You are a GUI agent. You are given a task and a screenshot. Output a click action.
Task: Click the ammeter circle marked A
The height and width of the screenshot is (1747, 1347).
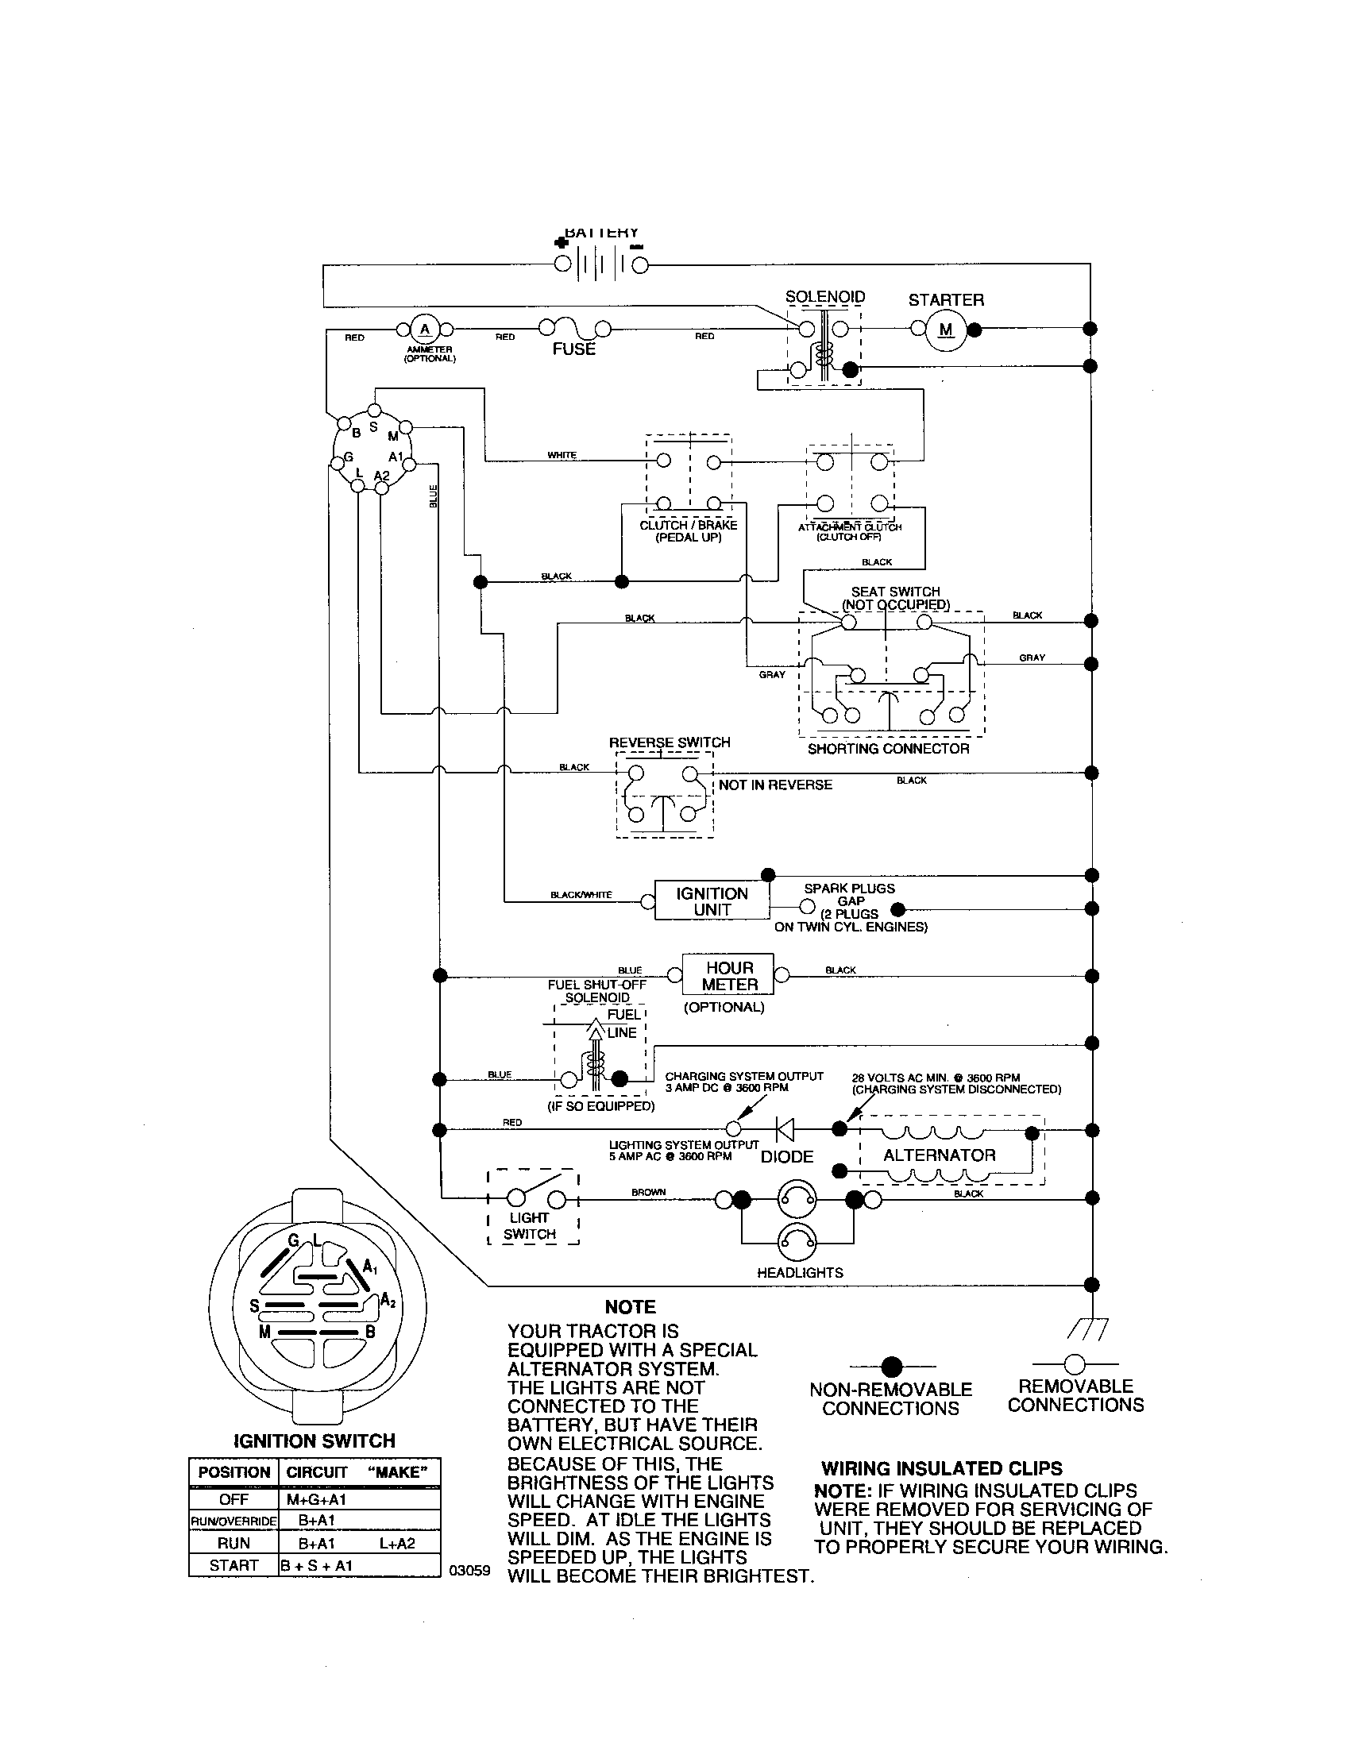click(x=425, y=329)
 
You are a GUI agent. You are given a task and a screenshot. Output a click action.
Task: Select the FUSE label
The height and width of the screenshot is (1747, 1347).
click(x=573, y=349)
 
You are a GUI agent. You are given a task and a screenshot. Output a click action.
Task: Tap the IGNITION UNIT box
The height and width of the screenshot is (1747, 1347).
click(x=712, y=901)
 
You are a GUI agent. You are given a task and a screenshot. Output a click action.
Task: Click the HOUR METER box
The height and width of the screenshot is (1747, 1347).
click(x=728, y=976)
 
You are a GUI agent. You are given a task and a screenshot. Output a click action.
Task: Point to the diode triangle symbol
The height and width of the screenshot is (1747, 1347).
click(x=785, y=1128)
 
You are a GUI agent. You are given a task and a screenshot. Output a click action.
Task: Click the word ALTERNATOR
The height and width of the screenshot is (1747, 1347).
click(x=939, y=1155)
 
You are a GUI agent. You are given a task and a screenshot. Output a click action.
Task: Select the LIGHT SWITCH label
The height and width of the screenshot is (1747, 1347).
click(x=530, y=1225)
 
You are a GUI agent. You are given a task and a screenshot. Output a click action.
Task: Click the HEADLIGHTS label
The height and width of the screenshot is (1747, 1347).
click(x=800, y=1273)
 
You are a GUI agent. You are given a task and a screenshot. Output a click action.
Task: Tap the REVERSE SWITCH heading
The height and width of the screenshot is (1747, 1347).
click(x=670, y=742)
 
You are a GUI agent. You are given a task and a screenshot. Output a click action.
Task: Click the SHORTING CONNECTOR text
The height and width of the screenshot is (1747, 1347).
click(x=888, y=749)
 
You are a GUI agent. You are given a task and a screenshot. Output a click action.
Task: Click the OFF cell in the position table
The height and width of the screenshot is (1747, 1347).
click(x=234, y=1500)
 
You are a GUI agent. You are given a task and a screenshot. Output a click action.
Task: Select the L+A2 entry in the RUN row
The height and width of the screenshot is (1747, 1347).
click(x=398, y=1543)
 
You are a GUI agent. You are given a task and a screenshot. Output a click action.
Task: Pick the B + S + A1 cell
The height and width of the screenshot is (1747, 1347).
click(x=316, y=1565)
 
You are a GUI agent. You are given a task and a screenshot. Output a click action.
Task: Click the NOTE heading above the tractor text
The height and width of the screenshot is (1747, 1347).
click(x=631, y=1307)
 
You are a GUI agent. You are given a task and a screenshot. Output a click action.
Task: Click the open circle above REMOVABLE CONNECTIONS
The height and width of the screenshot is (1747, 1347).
click(x=1075, y=1363)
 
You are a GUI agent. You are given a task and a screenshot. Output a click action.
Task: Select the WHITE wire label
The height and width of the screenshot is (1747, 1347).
click(x=562, y=455)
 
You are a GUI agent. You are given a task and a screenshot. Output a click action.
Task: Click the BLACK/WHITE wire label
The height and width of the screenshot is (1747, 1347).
click(x=581, y=895)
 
